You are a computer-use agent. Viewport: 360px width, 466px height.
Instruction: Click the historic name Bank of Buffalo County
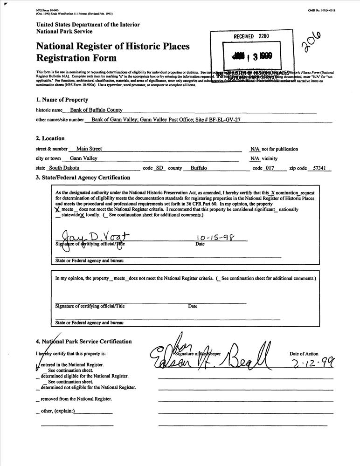point(96,110)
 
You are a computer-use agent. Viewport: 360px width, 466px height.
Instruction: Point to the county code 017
point(270,168)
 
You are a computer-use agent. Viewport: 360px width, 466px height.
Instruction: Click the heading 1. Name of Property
point(62,100)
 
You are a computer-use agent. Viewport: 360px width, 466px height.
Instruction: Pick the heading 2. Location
point(50,138)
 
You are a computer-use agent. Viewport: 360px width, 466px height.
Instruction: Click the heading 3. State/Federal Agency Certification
point(83,178)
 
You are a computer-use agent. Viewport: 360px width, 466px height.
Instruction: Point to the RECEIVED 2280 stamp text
point(251,36)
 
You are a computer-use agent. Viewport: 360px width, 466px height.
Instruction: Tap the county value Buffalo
point(199,168)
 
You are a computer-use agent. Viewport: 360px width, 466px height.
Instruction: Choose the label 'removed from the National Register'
point(76,399)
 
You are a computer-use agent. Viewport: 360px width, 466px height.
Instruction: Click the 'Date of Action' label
point(304,354)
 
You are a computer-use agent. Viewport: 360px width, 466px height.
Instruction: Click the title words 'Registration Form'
point(76,58)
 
